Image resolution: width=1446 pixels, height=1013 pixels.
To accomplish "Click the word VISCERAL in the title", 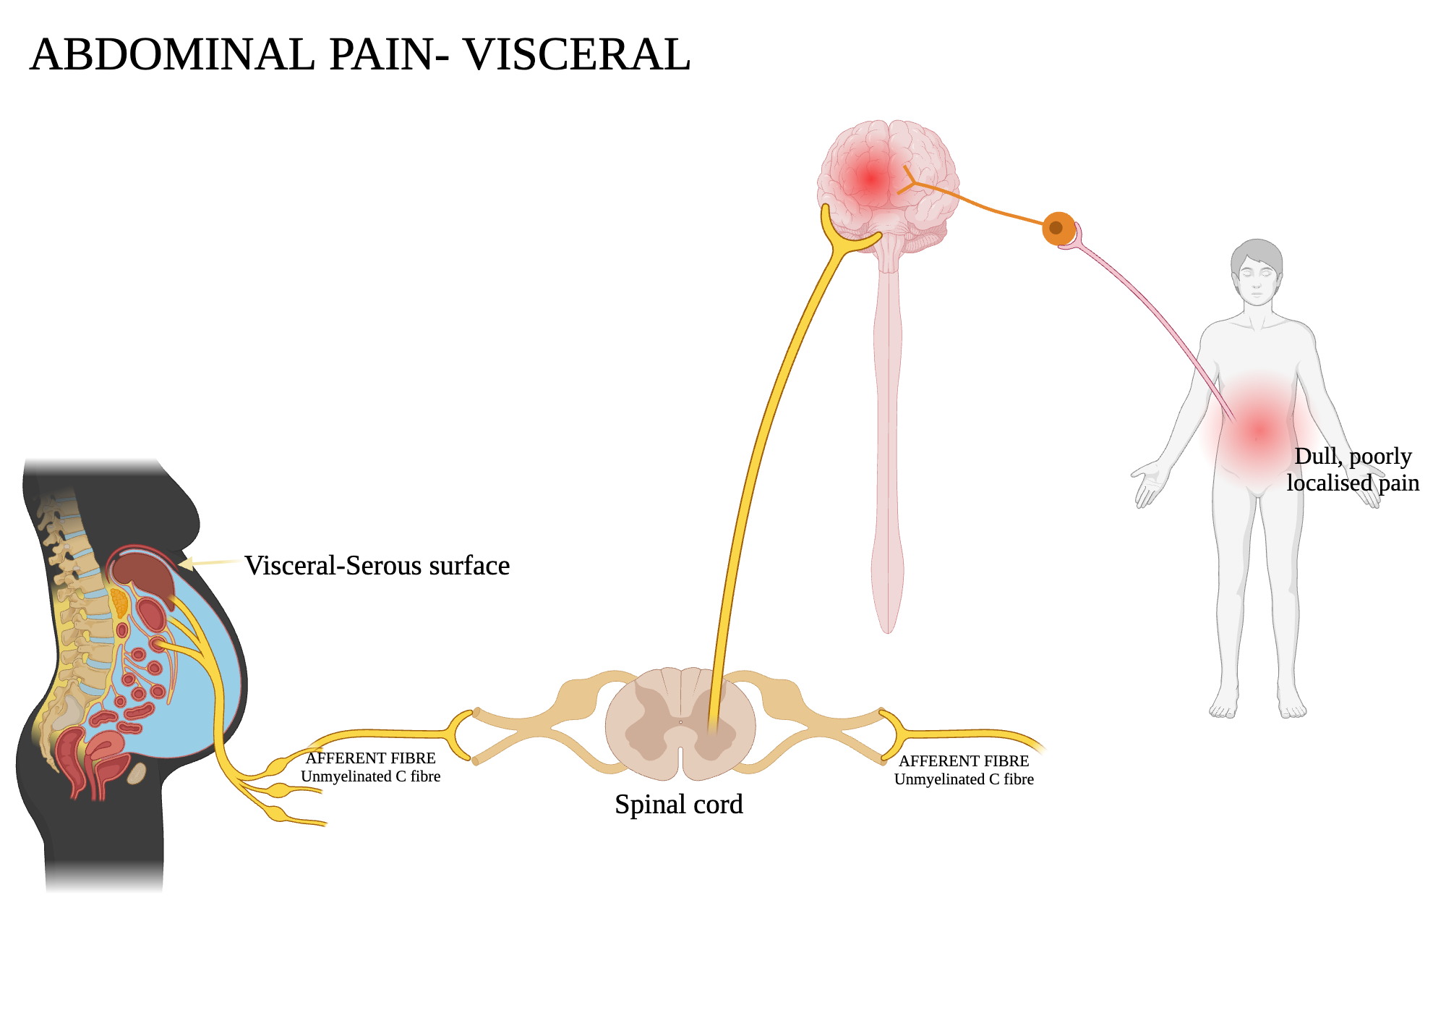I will coord(576,55).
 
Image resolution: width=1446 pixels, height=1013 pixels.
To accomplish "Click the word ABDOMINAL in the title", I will coord(172,55).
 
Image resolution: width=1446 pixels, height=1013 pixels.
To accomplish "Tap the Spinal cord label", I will coord(678,805).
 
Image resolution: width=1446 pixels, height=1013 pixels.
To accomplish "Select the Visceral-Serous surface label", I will coord(377,566).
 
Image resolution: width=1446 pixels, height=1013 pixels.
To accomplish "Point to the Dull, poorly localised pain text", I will coord(1352,470).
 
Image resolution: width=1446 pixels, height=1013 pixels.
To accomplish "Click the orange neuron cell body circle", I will coord(1058,228).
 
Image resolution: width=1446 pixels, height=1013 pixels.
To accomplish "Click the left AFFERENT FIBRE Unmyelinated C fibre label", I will coord(370,768).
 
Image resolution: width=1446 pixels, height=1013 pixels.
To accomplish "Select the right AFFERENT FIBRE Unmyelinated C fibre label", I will coord(964,771).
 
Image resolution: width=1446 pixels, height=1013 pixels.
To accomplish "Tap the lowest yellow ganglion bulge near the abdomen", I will coord(278,814).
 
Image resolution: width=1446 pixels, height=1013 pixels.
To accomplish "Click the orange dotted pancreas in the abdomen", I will coord(119,602).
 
